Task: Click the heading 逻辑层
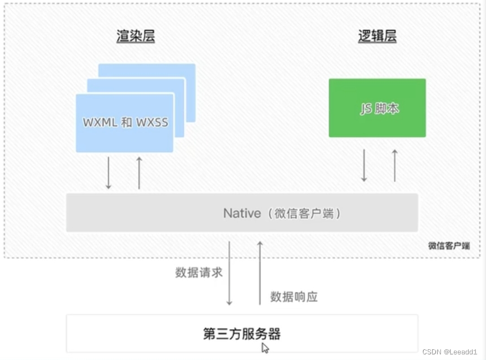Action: (377, 37)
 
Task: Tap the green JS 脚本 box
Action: (377, 108)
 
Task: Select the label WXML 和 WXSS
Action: (125, 122)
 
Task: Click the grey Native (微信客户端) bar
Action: (242, 213)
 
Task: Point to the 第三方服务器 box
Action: (242, 334)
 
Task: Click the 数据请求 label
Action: (199, 273)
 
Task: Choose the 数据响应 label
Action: (294, 296)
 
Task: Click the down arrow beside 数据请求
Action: (229, 273)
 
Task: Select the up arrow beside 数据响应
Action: (260, 273)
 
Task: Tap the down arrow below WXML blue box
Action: (109, 173)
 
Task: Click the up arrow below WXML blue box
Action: (139, 173)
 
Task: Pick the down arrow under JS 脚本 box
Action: (364, 165)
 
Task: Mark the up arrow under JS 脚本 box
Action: (394, 165)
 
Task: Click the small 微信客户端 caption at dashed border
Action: (448, 246)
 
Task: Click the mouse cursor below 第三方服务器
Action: (265, 348)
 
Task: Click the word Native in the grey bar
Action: (242, 213)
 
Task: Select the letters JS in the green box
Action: (366, 109)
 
